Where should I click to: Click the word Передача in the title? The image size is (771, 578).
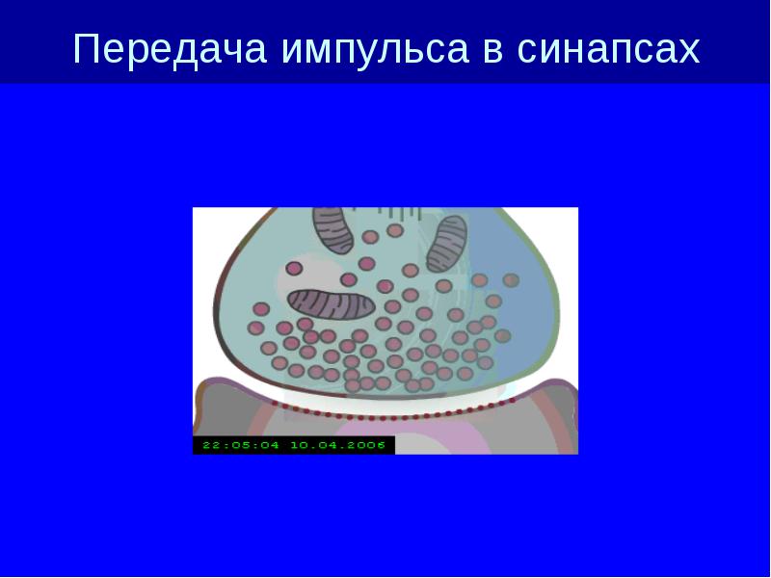pos(170,49)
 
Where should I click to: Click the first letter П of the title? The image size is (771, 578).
pos(87,48)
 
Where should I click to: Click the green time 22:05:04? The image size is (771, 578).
pos(240,445)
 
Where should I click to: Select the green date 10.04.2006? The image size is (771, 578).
pos(338,445)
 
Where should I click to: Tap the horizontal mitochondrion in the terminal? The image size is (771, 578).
pos(331,304)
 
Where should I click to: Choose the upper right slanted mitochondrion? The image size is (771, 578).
pos(446,245)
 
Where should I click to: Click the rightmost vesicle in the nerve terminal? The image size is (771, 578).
pos(511,280)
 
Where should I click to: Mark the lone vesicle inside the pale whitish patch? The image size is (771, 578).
pos(294,269)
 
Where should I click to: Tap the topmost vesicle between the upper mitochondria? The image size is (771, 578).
pos(395,229)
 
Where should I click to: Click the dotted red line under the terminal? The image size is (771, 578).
pos(392,417)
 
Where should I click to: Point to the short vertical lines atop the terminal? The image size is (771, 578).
pos(398,213)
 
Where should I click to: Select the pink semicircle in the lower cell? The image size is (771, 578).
pos(413,436)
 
